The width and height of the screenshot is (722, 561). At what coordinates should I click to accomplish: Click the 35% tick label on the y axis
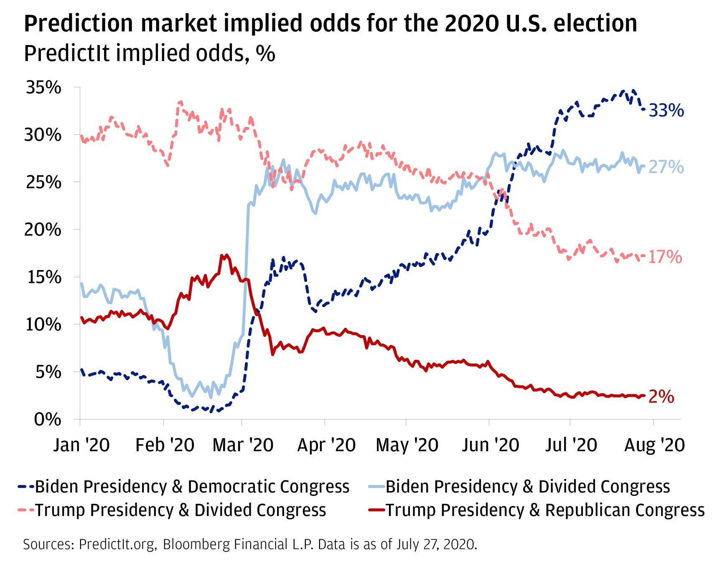(x=43, y=88)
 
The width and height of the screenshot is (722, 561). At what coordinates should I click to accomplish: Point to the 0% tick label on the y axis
(x=48, y=419)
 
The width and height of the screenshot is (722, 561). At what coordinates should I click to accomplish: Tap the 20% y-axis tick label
(x=43, y=230)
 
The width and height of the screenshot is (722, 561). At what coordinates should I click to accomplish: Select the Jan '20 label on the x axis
(x=81, y=445)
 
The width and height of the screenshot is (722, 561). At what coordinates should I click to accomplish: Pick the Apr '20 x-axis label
(x=326, y=445)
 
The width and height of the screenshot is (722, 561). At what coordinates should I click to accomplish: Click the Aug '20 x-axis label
(x=654, y=445)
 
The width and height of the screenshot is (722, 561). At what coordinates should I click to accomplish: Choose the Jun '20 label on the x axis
(x=491, y=445)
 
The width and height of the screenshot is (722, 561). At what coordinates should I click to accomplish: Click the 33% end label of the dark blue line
(x=666, y=111)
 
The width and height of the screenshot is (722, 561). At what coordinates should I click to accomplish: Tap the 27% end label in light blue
(x=666, y=167)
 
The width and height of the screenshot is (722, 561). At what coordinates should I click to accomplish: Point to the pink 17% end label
(x=665, y=257)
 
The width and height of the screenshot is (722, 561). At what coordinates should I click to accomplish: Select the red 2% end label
(x=661, y=397)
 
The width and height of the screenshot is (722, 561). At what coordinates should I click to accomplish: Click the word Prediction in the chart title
(x=78, y=24)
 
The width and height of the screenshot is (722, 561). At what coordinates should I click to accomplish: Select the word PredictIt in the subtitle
(x=66, y=54)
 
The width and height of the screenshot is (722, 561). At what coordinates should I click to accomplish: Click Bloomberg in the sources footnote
(x=196, y=545)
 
